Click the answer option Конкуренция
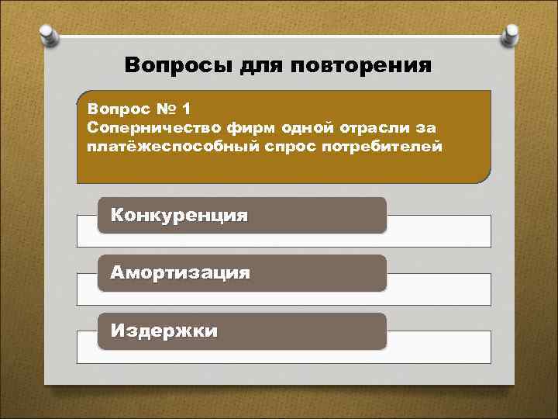(x=179, y=216)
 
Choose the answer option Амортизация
(x=180, y=273)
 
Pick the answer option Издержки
(x=164, y=331)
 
